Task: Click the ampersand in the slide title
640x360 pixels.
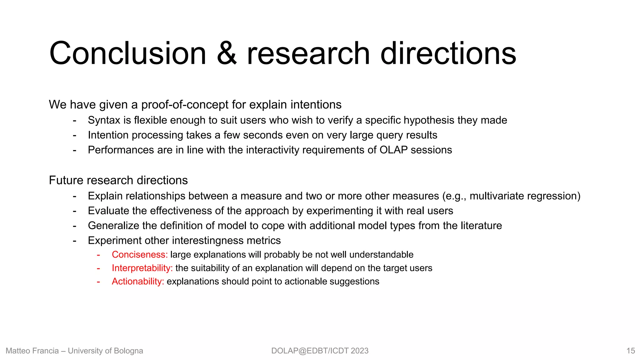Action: [x=227, y=54]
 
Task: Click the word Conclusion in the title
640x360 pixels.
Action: [x=127, y=54]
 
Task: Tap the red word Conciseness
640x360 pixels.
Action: [x=139, y=255]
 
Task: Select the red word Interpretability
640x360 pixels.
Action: [x=142, y=268]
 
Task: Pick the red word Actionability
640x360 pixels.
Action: [x=137, y=282]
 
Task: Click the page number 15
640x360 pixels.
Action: [x=631, y=351]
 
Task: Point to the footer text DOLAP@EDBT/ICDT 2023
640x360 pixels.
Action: [x=320, y=351]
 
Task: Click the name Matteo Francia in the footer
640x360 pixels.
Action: [x=32, y=351]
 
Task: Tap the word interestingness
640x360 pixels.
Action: [x=207, y=241]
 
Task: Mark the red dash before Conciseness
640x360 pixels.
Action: [x=98, y=255]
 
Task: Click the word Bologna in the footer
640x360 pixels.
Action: [x=128, y=351]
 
